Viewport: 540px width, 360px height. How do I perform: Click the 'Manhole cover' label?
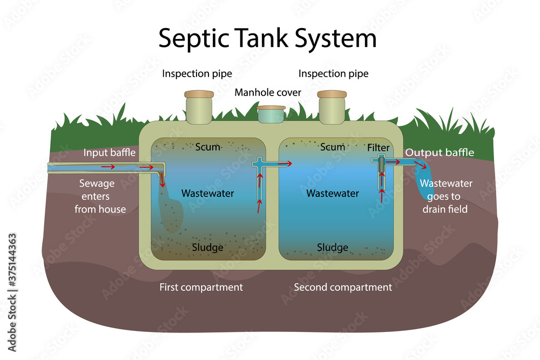[x=268, y=92]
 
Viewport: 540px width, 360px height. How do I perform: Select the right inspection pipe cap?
[x=332, y=94]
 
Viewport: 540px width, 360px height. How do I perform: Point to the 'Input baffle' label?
[x=109, y=153]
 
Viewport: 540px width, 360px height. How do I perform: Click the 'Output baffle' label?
[x=440, y=153]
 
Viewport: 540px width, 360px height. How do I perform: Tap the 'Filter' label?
[x=378, y=147]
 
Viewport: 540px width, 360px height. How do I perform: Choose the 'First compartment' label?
[x=201, y=287]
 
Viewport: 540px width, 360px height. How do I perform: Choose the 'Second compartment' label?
[x=343, y=287]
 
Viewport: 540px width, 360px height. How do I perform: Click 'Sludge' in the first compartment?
[x=208, y=248]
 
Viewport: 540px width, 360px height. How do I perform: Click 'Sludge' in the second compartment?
[x=332, y=248]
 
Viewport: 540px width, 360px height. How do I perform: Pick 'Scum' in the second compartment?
[x=332, y=147]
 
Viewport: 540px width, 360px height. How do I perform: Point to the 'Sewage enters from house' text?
[x=100, y=196]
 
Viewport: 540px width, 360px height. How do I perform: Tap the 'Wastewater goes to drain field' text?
[x=446, y=196]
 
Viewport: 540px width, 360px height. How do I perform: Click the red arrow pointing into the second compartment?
[x=283, y=163]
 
